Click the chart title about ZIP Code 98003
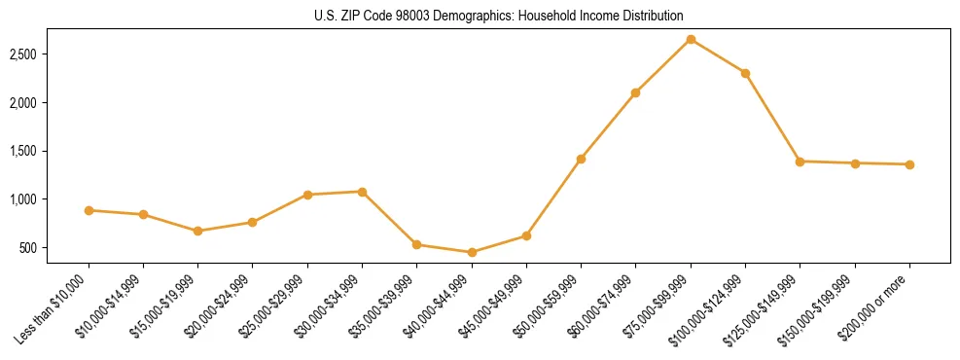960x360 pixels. [499, 16]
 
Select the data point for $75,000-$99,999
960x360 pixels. [691, 39]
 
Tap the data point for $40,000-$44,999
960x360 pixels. [472, 252]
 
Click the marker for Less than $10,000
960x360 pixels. [89, 210]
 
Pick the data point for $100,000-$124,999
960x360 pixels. [745, 73]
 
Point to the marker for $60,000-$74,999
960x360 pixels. [635, 92]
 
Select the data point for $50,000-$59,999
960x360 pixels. [581, 159]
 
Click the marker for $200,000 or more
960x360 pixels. [909, 164]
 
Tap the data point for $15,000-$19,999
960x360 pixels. [197, 231]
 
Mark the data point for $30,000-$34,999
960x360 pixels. [362, 192]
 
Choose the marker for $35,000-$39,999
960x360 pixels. [416, 244]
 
